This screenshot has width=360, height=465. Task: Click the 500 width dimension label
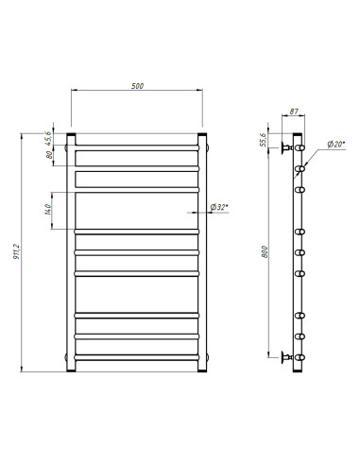[137, 87]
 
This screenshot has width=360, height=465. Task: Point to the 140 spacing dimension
[48, 209]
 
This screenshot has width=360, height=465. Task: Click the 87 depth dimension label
[295, 112]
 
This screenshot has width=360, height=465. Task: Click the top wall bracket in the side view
[287, 148]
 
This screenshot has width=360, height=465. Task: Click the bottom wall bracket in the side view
[287, 356]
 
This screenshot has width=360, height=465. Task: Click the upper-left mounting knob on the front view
[66, 147]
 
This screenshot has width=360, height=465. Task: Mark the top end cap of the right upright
[202, 138]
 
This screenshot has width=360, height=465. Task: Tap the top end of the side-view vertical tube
[300, 137]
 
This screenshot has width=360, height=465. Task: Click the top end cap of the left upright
[72, 138]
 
